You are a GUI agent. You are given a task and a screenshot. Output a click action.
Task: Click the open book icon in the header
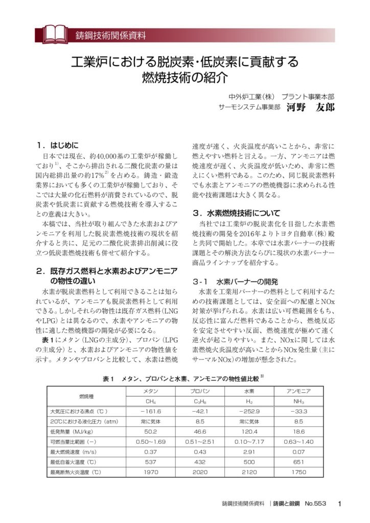(53, 34)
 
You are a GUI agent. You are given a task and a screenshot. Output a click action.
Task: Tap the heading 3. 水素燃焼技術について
(242, 213)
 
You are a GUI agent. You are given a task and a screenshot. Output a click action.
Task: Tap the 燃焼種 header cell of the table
(86, 396)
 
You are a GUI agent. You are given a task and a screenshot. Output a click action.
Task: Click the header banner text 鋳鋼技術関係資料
(110, 36)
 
